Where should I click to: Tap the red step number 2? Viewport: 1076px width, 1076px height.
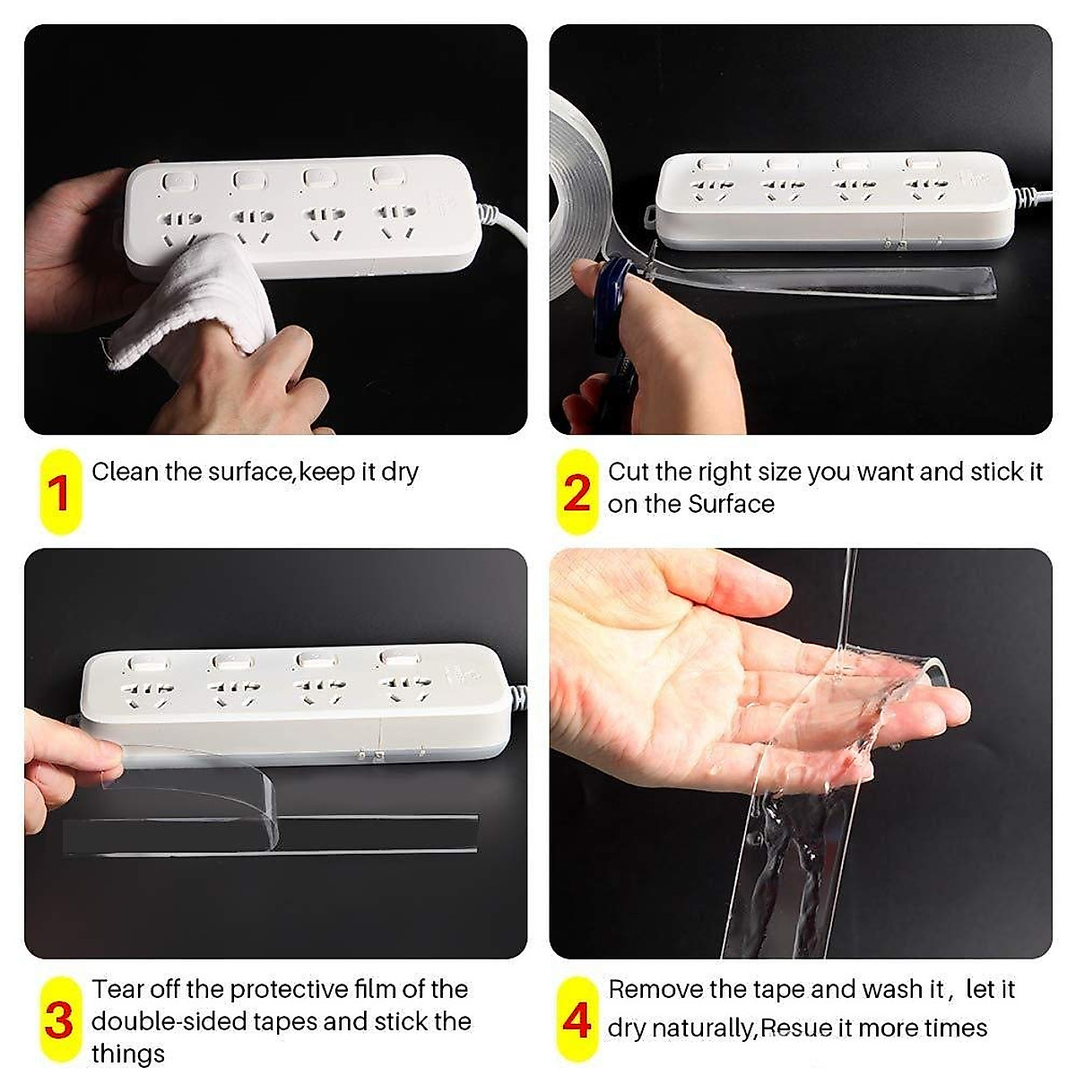click(577, 492)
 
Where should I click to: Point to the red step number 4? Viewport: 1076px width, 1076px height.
click(577, 1020)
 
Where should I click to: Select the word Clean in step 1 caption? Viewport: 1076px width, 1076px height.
click(125, 472)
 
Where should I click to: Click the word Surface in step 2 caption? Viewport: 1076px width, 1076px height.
click(731, 504)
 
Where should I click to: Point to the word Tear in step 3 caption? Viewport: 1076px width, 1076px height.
click(118, 989)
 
